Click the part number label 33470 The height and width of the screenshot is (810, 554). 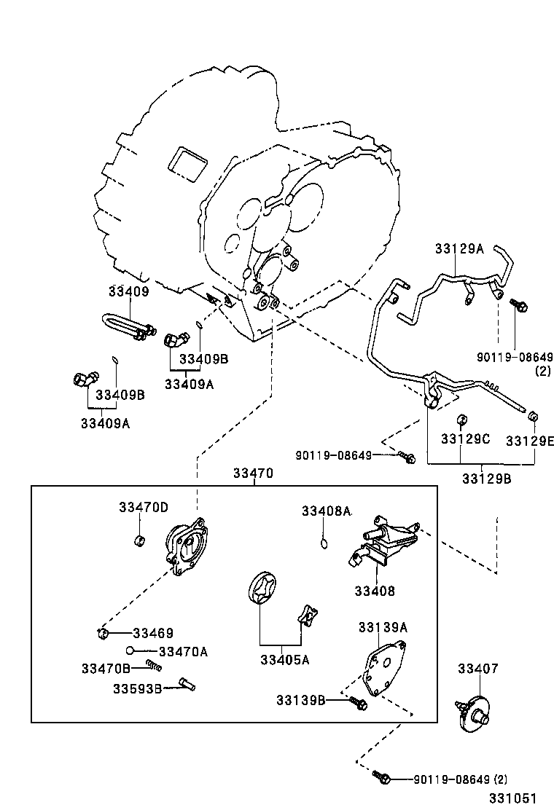pos(253,473)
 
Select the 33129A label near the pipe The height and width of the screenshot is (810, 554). pos(459,248)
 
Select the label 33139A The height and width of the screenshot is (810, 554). pos(383,626)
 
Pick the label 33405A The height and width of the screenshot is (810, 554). pos(284,660)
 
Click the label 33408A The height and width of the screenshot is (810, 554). pos(327,511)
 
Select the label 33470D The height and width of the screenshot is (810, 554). pos(144,507)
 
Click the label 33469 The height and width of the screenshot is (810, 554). pos(153,634)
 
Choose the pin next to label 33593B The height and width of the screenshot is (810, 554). pos(187,685)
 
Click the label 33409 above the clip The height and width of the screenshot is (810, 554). pos(128,292)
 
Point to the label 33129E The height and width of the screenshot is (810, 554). pos(530,441)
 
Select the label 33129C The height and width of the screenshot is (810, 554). pos(465,439)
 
